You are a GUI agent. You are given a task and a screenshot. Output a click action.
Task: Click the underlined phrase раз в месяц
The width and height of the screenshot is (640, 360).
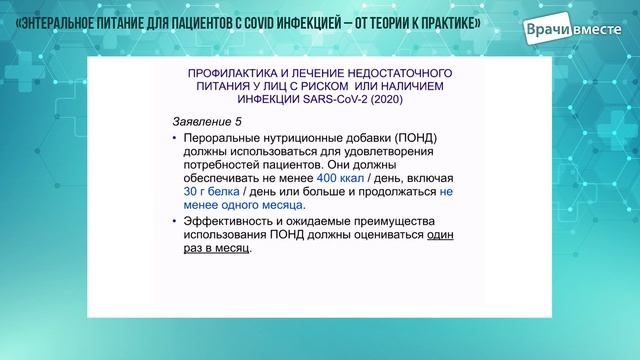215,253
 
